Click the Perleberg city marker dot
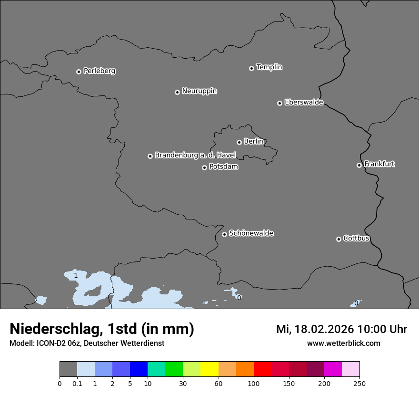click(79, 72)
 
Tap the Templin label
click(269, 67)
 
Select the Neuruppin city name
click(199, 91)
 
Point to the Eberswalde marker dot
click(279, 103)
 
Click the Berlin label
click(253, 142)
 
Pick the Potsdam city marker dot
click(204, 167)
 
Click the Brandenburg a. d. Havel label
click(195, 156)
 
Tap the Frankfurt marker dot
click(359, 165)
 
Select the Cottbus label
click(356, 239)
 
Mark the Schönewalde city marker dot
click(224, 234)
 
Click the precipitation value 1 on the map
click(76, 276)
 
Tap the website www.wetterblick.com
click(343, 344)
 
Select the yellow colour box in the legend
click(209, 369)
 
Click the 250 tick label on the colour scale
click(359, 383)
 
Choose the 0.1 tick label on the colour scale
click(77, 383)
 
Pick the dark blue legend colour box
click(139, 369)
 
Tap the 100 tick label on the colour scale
click(254, 383)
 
